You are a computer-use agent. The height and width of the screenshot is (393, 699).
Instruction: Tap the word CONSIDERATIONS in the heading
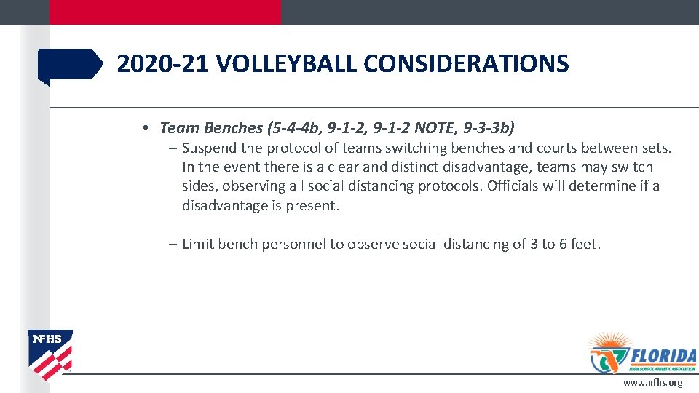click(x=466, y=64)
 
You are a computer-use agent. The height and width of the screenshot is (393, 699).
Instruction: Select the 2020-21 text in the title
click(x=163, y=64)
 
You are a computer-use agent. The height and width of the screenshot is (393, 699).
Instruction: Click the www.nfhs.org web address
click(x=652, y=383)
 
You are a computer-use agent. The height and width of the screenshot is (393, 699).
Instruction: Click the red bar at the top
click(x=165, y=12)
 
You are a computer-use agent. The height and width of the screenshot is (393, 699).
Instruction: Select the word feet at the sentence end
click(x=583, y=245)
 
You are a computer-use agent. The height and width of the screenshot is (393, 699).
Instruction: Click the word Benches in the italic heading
click(x=232, y=128)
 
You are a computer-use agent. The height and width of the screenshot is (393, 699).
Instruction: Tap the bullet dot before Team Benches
click(x=146, y=128)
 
